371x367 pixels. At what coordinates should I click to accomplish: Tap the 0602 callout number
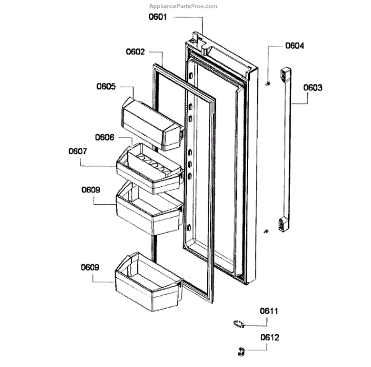click(x=135, y=53)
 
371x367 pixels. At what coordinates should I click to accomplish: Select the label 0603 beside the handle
click(x=313, y=88)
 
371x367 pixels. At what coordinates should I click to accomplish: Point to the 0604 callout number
click(x=295, y=46)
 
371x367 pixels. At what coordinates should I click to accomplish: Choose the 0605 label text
click(x=106, y=87)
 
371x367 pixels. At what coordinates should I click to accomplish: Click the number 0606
click(x=105, y=137)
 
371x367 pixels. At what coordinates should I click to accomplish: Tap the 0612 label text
click(x=269, y=337)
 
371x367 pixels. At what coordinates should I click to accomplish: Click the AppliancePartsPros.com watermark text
click(x=185, y=6)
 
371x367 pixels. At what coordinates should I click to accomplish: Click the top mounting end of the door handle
click(x=285, y=76)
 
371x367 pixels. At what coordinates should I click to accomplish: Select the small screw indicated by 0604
click(x=267, y=82)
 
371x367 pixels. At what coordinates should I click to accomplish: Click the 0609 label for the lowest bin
click(x=90, y=267)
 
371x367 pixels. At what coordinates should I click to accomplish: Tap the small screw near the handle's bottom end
click(x=266, y=231)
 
